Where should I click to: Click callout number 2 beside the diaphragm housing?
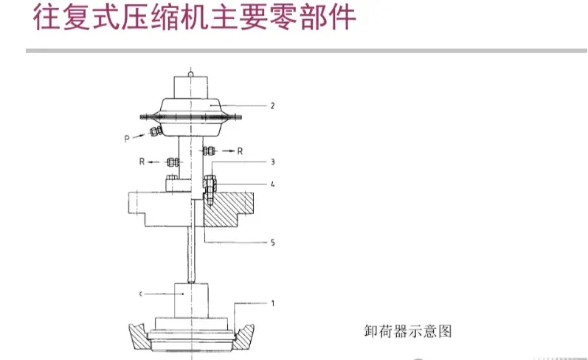pos(272,106)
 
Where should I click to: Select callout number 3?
pos(272,161)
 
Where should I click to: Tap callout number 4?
pos(272,184)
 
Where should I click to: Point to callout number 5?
pos(272,241)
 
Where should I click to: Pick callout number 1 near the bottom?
pos(272,302)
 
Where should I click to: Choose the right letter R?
pos(241,150)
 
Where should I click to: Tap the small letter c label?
pos(140,294)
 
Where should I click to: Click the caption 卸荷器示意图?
pos(407,331)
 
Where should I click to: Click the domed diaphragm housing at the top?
pos(193,111)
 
